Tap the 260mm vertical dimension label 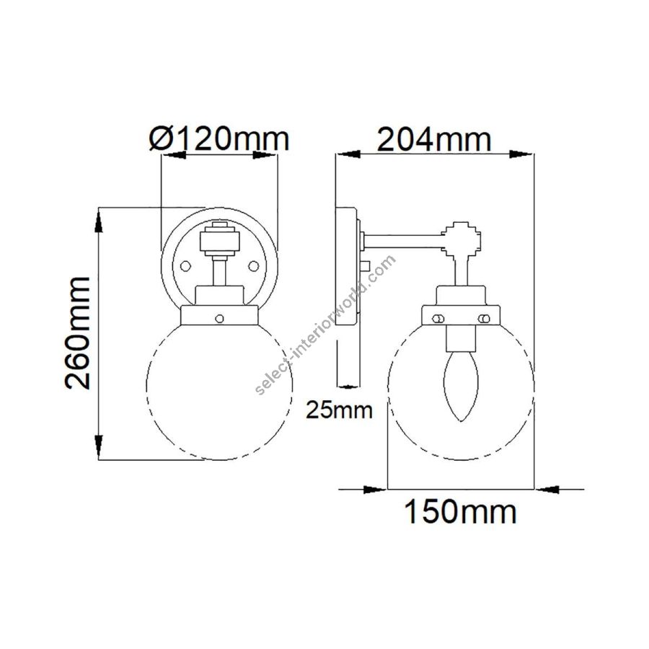point(77,332)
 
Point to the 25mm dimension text point(340,410)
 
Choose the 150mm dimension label point(460,512)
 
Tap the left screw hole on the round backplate point(185,265)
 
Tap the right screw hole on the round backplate point(253,265)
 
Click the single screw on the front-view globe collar point(220,318)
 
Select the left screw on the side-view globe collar point(438,318)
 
